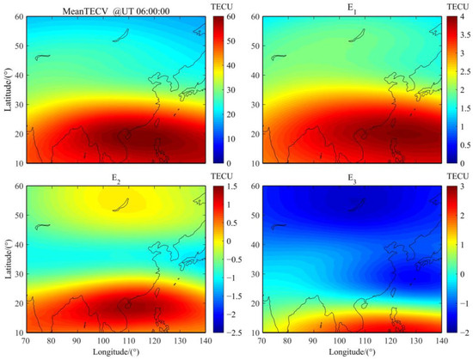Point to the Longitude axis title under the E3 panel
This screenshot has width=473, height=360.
353,351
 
